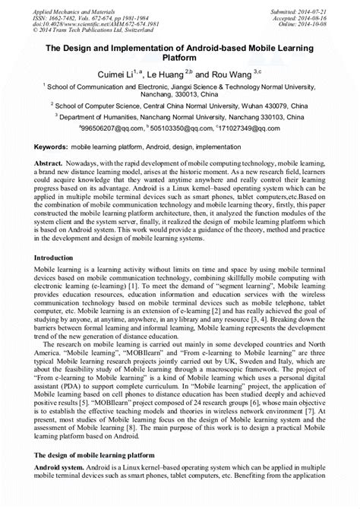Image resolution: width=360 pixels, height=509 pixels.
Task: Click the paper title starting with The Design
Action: [x=180, y=53]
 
